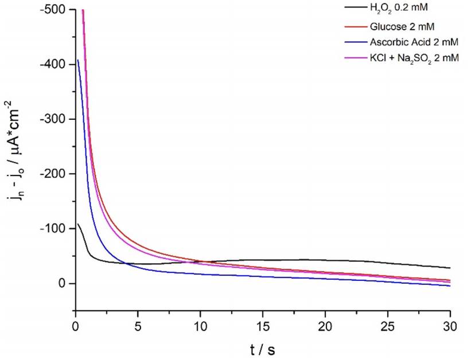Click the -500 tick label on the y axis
[54, 10]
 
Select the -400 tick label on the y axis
[54, 65]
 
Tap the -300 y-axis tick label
[54, 119]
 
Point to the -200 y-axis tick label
[54, 174]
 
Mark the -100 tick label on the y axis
[54, 229]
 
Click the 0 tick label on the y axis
[64, 283]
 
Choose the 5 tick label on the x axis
[138, 322]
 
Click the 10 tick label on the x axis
[200, 322]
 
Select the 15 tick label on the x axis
[263, 322]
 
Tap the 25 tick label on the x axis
[388, 322]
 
